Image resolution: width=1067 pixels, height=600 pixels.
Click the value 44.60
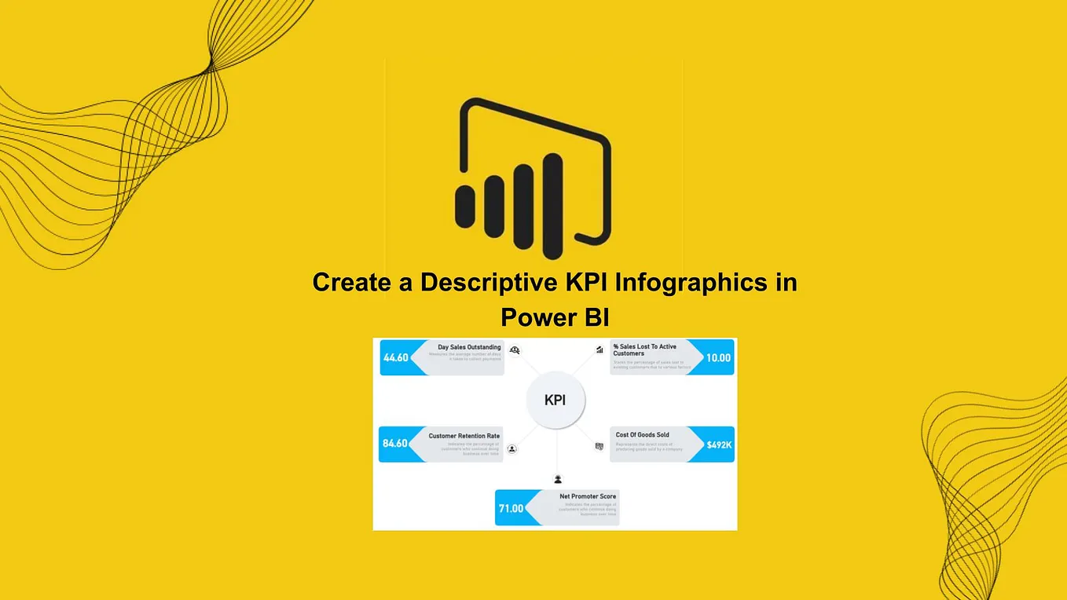coord(396,358)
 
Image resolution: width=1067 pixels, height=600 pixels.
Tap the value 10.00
coord(718,358)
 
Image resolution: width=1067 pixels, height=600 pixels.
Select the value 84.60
coord(395,444)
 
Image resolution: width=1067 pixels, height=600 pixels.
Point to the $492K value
coord(718,445)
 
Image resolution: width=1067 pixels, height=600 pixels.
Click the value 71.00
coord(511,509)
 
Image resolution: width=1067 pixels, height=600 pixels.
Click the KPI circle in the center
coord(555,401)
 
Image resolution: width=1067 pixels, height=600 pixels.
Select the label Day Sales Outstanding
coord(469,347)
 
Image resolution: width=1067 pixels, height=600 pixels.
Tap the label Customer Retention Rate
coord(464,436)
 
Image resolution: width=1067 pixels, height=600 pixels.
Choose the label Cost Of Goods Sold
coord(642,434)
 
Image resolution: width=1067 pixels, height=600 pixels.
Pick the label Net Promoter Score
coord(588,496)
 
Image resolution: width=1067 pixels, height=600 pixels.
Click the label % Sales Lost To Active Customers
coord(644,349)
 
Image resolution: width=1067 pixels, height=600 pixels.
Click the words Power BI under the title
coord(555,318)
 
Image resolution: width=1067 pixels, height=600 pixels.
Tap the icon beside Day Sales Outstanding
coord(515,350)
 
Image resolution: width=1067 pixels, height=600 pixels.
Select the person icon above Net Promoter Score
coord(558,479)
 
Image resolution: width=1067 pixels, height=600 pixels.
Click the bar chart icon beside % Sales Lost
coord(599,350)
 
